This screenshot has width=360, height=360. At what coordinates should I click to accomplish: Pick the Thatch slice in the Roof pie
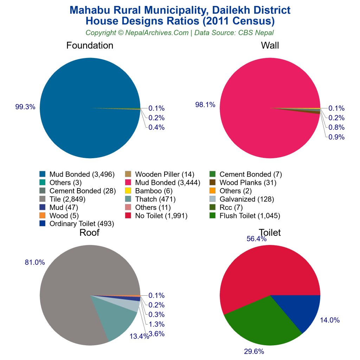[118, 318]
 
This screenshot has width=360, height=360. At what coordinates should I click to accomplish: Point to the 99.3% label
[25, 107]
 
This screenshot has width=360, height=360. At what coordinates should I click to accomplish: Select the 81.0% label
[35, 262]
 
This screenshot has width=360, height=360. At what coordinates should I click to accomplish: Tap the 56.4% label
[256, 239]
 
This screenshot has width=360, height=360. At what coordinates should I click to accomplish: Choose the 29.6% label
[254, 351]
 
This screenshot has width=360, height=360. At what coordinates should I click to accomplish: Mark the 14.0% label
[330, 320]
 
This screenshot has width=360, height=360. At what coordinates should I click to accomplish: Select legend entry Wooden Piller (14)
[162, 174]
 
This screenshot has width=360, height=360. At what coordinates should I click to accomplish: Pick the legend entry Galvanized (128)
[246, 199]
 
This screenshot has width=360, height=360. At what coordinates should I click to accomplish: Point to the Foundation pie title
[90, 46]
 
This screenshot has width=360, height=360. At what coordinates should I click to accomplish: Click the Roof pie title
[89, 233]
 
